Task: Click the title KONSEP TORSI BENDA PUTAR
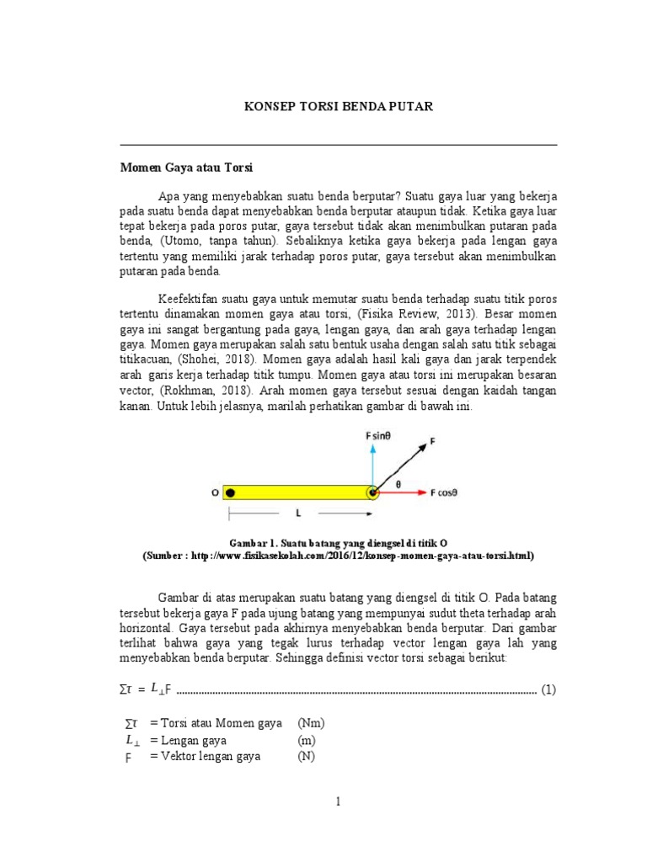[x=338, y=107]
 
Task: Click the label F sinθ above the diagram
[x=378, y=436]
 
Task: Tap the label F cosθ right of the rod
[x=444, y=492]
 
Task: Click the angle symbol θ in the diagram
[x=398, y=484]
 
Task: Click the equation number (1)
[x=548, y=689]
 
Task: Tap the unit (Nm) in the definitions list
[x=312, y=723]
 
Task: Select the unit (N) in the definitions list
[x=307, y=756]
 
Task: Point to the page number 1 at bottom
[x=338, y=802]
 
